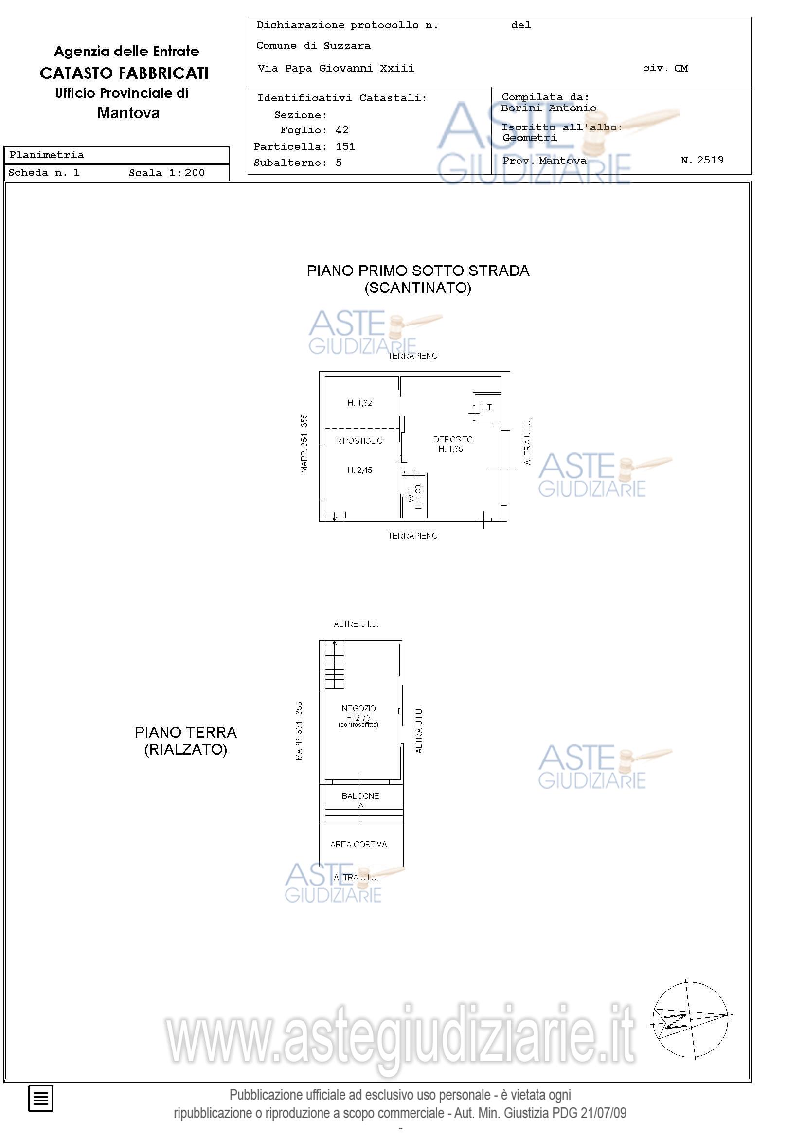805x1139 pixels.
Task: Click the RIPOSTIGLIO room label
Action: [359, 440]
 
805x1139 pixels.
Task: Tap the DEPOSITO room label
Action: [452, 439]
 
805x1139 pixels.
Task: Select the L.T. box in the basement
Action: [486, 408]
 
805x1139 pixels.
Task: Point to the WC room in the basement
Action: [413, 496]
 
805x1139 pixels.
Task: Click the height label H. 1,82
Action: [359, 403]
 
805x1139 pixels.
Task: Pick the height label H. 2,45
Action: [359, 470]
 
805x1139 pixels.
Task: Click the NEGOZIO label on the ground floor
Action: [358, 708]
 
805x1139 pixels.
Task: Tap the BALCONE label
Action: [360, 795]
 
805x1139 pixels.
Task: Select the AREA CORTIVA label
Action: [358, 844]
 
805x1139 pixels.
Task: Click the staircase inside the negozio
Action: [334, 665]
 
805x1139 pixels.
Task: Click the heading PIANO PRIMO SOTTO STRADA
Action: [418, 271]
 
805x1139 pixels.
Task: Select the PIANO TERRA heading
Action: [186, 732]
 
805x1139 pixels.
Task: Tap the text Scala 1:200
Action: [167, 173]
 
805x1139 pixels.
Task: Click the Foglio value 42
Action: [342, 130]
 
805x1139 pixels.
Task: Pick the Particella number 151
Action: [345, 146]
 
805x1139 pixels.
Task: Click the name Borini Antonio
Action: [549, 108]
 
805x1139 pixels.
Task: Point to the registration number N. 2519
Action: [702, 160]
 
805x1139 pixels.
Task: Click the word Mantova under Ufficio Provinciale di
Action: [128, 112]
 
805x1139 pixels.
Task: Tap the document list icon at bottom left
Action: [41, 1098]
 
